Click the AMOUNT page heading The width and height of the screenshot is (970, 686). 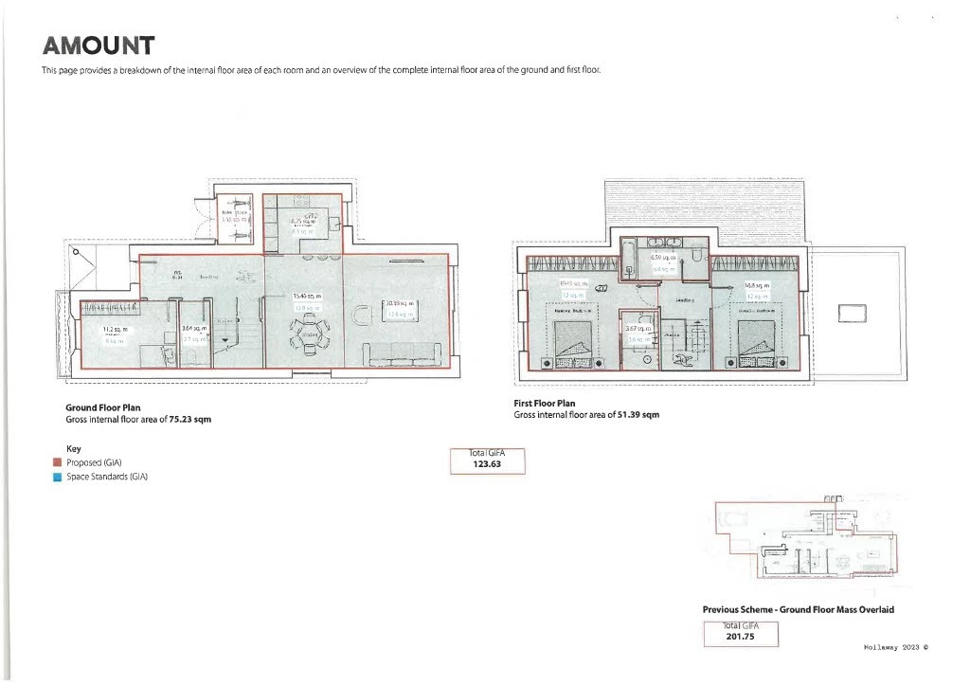[98, 45]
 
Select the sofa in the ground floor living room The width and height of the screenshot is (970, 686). [404, 353]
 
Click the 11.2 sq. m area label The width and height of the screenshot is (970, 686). [115, 330]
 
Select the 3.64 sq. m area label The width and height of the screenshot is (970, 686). [193, 330]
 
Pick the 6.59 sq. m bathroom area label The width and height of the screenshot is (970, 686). [662, 258]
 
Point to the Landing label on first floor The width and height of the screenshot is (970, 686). [685, 299]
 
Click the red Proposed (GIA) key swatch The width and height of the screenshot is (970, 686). [58, 463]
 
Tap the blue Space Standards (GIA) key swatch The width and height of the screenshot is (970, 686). [58, 478]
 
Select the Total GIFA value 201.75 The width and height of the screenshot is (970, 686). [739, 637]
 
